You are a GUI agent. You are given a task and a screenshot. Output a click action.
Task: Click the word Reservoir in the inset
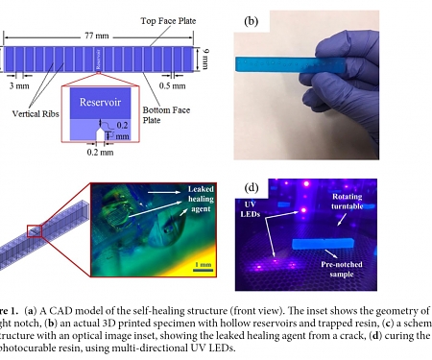[x=98, y=103]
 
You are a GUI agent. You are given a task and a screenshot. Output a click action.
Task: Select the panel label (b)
[x=252, y=18]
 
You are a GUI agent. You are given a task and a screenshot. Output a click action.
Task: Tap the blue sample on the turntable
[x=330, y=241]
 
